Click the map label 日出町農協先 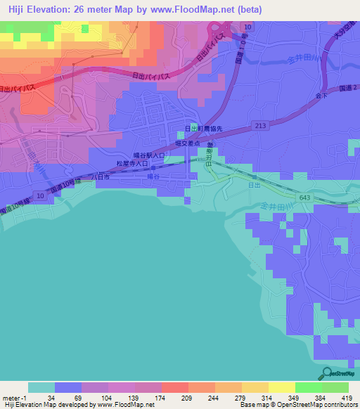click(x=203, y=129)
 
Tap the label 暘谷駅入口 click(x=149, y=155)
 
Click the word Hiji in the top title click(x=13, y=8)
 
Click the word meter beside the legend click(x=13, y=397)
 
